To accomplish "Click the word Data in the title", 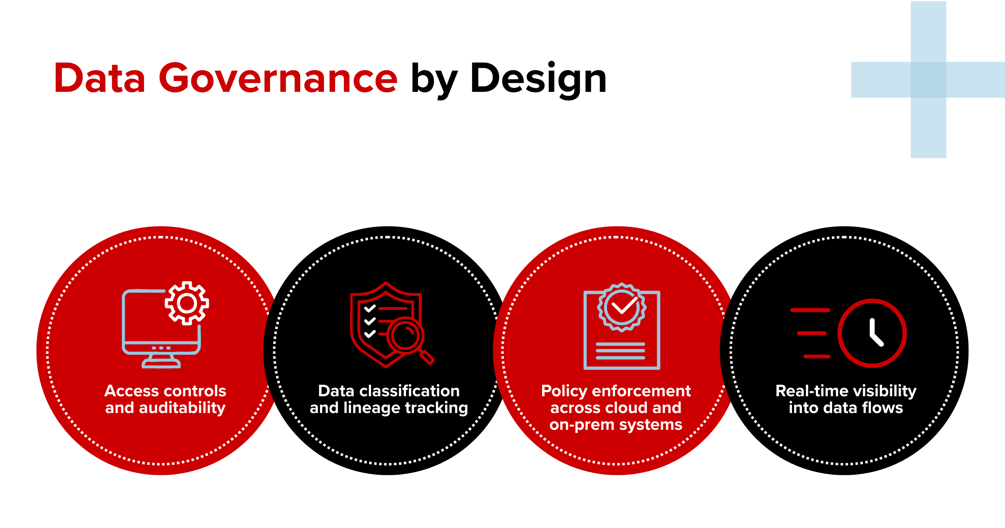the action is [100, 78].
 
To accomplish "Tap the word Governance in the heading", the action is [278, 78].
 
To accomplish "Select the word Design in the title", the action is [538, 80].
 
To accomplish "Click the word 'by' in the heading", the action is [434, 80].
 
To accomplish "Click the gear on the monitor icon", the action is [187, 303].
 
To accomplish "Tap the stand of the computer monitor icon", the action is [161, 361].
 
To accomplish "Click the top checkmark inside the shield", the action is [370, 308].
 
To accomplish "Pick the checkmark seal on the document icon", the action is [621, 307].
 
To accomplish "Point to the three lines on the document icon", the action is [620, 351].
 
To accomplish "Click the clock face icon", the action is [872, 333].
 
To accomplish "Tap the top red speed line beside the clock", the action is [810, 310].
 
